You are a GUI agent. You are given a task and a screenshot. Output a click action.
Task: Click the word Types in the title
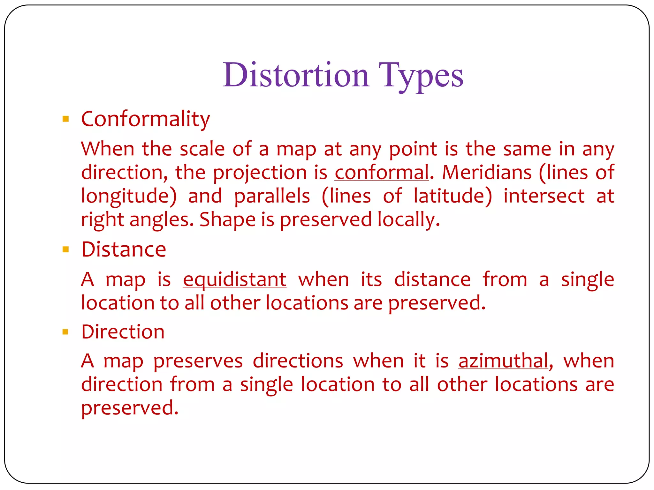421,76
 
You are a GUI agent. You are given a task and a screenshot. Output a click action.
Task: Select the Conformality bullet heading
145,119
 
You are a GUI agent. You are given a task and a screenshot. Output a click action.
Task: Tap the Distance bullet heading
124,249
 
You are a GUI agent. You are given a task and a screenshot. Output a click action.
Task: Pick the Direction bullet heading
123,332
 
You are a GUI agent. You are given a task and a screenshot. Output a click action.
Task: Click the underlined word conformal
382,173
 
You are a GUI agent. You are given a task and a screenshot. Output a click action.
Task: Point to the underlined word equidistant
234,280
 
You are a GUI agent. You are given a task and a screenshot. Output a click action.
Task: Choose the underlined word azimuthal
503,361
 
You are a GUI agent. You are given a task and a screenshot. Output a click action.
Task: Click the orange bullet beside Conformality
66,119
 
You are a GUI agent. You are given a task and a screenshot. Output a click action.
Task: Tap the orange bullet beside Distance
66,249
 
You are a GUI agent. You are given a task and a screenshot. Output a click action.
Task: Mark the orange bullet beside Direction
66,332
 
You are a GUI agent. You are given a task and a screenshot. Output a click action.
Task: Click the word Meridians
487,173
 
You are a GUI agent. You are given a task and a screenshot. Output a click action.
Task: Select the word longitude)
129,197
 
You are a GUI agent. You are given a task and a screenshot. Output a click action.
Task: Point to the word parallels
272,197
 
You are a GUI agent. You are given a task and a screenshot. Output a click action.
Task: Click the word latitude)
452,197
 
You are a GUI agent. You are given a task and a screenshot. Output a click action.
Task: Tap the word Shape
227,220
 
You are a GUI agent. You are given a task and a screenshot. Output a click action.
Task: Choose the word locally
408,220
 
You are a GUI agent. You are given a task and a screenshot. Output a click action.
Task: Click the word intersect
544,197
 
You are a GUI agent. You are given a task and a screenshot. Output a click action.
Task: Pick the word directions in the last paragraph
298,361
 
